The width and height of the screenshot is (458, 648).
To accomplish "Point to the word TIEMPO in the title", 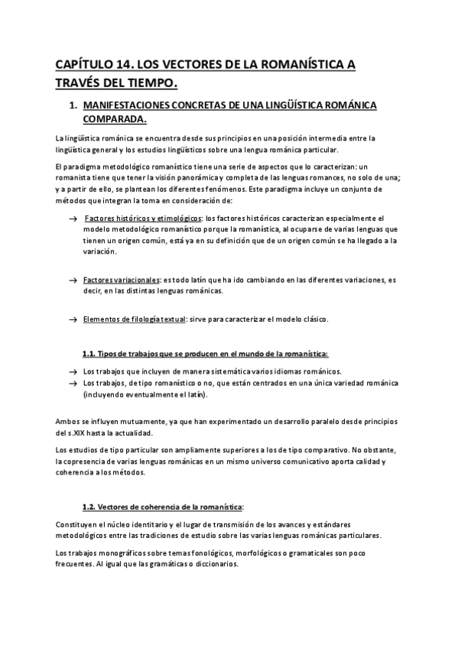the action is pos(154,83).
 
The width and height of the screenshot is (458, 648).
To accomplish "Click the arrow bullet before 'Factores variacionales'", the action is pos(73,281).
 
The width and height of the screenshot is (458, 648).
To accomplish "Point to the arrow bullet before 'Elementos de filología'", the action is pos(73,319).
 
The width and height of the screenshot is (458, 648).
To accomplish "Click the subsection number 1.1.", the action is pos(90,354).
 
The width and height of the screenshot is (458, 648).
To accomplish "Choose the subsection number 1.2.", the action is pos(90,507).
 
